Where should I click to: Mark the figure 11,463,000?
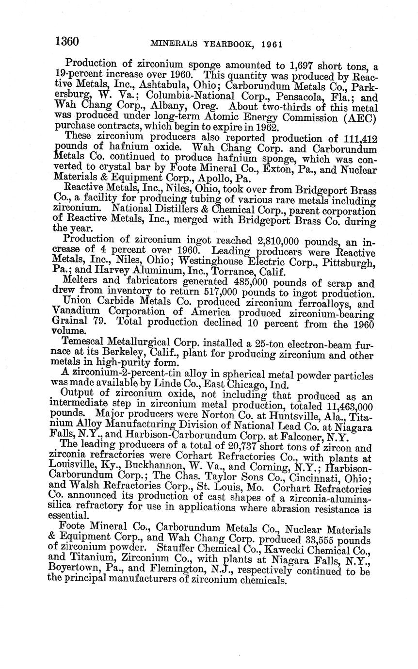click(348, 407)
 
